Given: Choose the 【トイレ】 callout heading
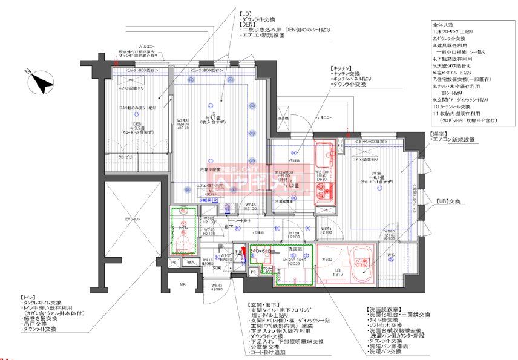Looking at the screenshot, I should [30, 297].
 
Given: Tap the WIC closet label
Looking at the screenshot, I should [391, 255].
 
